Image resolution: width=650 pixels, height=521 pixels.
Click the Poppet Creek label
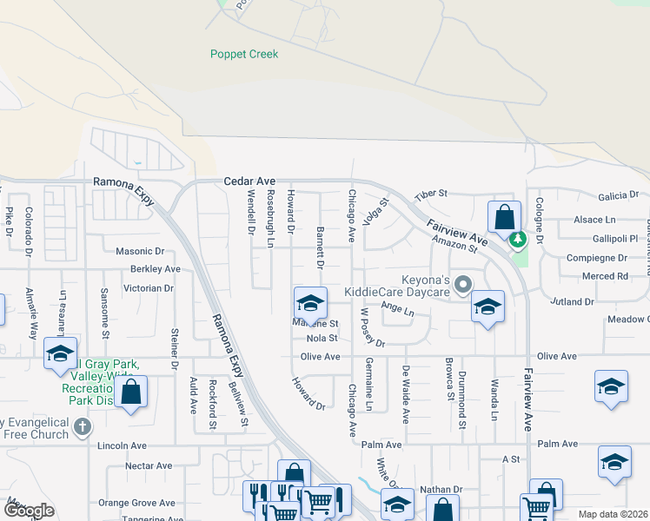[x=244, y=54]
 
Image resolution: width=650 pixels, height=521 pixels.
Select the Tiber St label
[x=429, y=194]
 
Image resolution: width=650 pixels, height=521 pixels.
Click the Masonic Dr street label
[x=140, y=251]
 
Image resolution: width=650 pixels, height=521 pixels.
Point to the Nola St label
[x=322, y=339]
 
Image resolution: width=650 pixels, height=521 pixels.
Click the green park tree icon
[x=519, y=238]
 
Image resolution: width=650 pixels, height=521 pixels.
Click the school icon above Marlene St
[x=310, y=303]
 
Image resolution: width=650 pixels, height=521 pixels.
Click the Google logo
[x=29, y=511]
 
